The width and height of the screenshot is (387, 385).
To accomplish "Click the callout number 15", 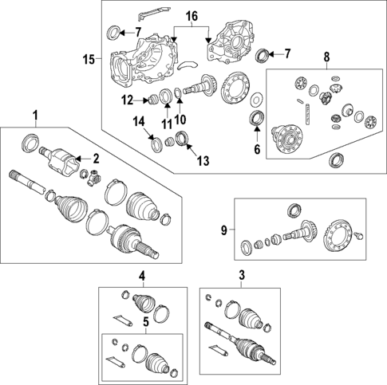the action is [89, 59].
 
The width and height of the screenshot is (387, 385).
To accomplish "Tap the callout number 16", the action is [192, 16].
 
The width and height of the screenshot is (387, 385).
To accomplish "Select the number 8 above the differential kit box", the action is [326, 57].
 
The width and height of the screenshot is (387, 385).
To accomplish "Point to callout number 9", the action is [224, 230].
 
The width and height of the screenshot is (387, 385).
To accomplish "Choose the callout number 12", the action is [127, 100].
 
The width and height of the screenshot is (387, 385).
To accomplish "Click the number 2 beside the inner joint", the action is [96, 159].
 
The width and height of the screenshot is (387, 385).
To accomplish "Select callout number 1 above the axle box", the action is [35, 116].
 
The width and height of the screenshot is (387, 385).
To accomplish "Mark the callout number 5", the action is [146, 322].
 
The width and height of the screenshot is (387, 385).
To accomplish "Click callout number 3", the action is [242, 276].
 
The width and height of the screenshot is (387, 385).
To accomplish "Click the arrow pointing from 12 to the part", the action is [140, 100].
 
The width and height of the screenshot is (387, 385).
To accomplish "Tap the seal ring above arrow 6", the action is [257, 117].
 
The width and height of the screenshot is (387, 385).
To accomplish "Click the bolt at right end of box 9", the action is [359, 235].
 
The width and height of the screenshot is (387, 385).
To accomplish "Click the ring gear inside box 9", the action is [338, 236].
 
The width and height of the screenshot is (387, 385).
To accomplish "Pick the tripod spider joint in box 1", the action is [93, 178].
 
